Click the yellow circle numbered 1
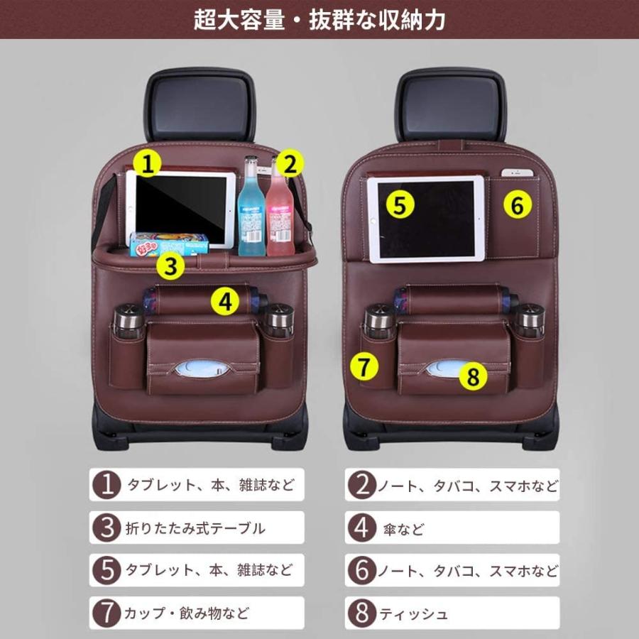(147, 165)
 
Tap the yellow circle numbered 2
(288, 165)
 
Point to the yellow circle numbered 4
(225, 302)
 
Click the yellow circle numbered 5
(400, 205)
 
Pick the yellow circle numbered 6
(518, 205)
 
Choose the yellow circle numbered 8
(474, 376)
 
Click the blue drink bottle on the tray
(251, 209)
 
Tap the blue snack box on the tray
(169, 244)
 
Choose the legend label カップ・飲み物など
(188, 613)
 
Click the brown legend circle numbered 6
(363, 571)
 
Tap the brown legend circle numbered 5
(106, 571)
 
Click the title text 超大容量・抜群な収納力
(319, 19)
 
